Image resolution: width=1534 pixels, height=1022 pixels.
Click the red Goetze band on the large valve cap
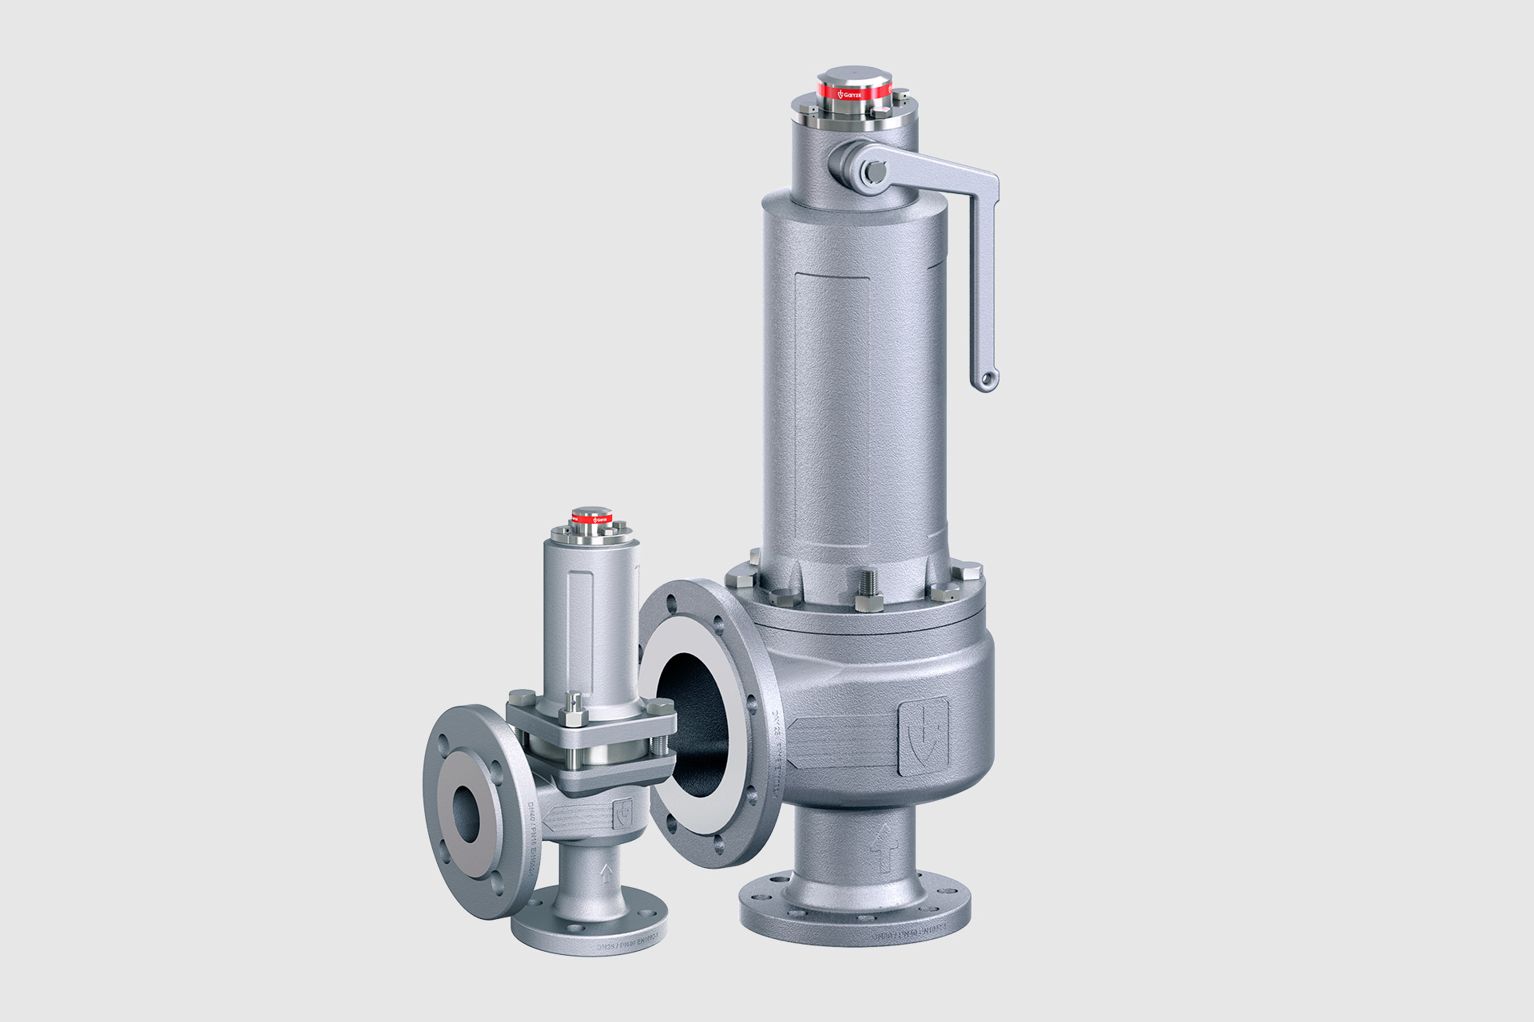pyautogui.click(x=853, y=93)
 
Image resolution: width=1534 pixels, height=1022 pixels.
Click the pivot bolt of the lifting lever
pyautogui.click(x=872, y=172)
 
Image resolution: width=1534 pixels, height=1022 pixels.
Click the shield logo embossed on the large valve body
pyautogui.click(x=924, y=736)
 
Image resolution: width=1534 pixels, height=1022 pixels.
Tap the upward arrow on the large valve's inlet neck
pyautogui.click(x=882, y=848)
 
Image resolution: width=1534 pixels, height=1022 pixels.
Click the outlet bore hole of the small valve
pyautogui.click(x=467, y=813)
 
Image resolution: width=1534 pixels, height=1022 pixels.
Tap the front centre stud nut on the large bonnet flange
pyautogui.click(x=867, y=597)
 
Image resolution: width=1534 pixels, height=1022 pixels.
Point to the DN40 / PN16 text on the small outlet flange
pyautogui.click(x=534, y=838)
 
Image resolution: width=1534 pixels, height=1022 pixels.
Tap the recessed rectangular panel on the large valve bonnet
pyautogui.click(x=833, y=411)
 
